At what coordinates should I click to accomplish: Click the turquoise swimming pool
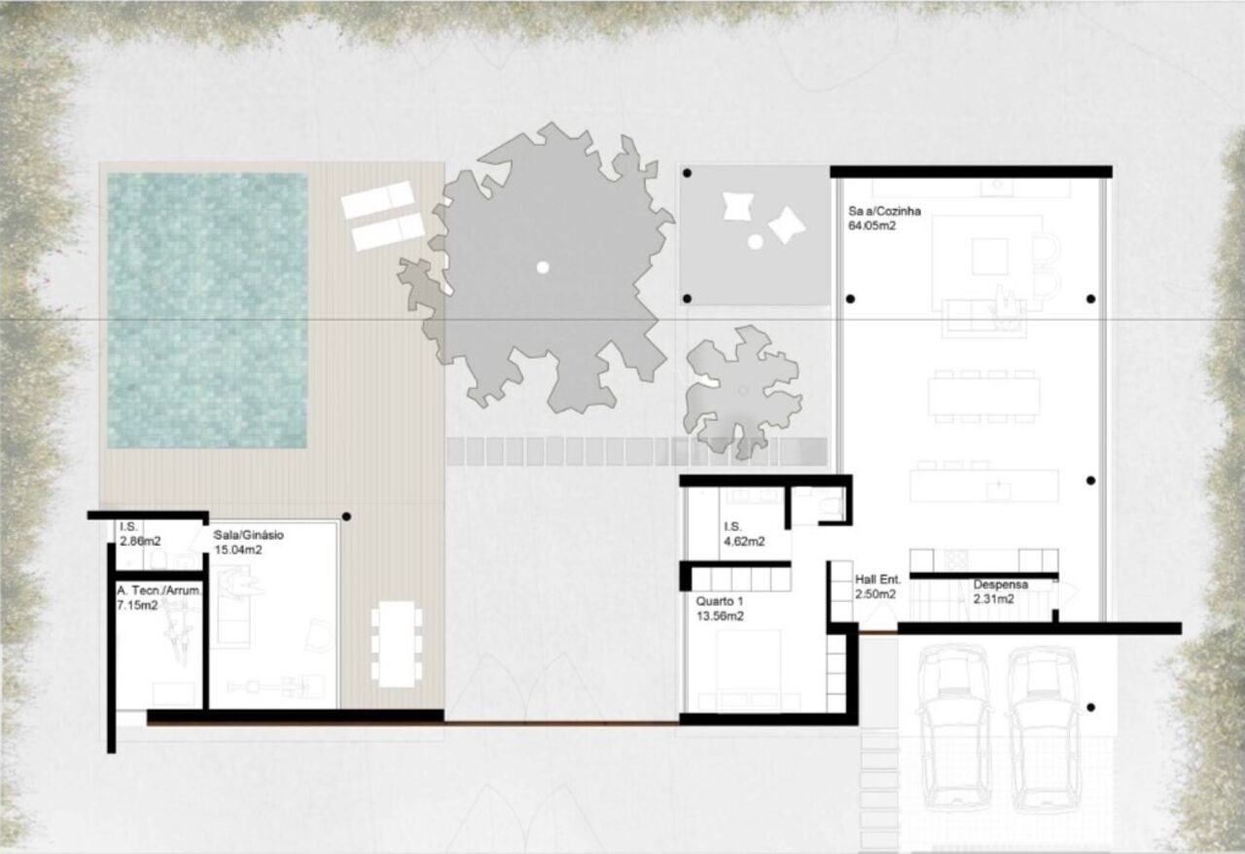pyautogui.click(x=207, y=310)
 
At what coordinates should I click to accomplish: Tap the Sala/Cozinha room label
pyautogui.click(x=884, y=211)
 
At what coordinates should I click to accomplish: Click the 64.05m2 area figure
pyautogui.click(x=871, y=226)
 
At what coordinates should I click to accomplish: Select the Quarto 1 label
pyautogui.click(x=719, y=601)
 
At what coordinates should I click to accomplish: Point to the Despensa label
pyautogui.click(x=1001, y=585)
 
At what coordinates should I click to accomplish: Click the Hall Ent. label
pyautogui.click(x=877, y=580)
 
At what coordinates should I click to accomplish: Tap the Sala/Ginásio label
pyautogui.click(x=248, y=535)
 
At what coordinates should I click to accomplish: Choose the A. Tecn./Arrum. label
pyautogui.click(x=159, y=590)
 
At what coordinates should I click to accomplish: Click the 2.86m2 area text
pyautogui.click(x=140, y=541)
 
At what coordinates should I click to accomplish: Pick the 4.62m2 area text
pyautogui.click(x=744, y=542)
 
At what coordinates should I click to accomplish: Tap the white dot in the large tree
pyautogui.click(x=543, y=267)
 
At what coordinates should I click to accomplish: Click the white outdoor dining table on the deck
pyautogui.click(x=396, y=644)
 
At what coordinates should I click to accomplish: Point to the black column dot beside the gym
pyautogui.click(x=346, y=516)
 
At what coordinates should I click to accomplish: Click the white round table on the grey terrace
pyautogui.click(x=755, y=241)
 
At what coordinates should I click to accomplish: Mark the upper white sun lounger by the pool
pyautogui.click(x=378, y=199)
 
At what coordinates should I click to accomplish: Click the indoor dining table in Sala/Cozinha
pyautogui.click(x=983, y=396)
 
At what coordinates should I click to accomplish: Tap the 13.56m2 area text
pyautogui.click(x=720, y=616)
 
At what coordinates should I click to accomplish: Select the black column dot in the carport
pyautogui.click(x=1090, y=708)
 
